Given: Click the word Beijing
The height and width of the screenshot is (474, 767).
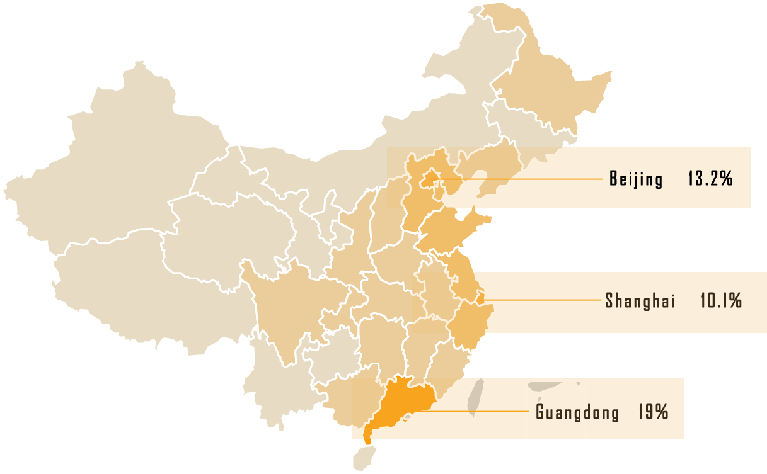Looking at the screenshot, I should pos(636,179).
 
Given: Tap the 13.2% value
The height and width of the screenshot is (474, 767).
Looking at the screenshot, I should pos(710,179).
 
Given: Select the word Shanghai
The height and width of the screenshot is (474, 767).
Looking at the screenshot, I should pos(639,301).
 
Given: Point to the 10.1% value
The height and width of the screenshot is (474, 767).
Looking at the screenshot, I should pos(720,301).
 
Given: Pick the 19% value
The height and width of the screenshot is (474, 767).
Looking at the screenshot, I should pos(652,413).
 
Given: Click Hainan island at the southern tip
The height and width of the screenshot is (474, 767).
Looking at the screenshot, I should pos(362,456).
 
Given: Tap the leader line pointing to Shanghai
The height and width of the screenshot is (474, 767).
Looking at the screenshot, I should pos(542,300).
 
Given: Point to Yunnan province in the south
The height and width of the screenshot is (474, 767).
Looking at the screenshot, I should pos(277,384).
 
